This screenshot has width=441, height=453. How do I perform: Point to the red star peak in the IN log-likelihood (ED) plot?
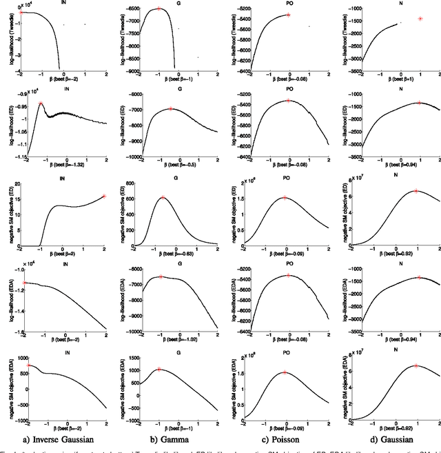click(x=41, y=103)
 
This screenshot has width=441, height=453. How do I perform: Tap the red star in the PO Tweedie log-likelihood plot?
click(x=288, y=14)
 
